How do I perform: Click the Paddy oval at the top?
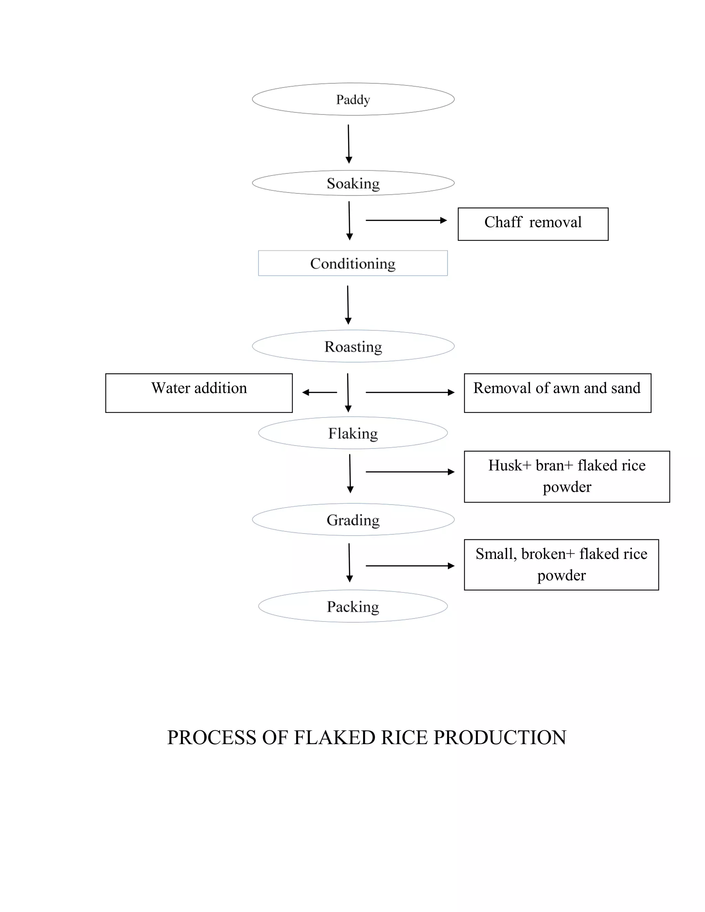(353, 99)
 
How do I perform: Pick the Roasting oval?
(353, 347)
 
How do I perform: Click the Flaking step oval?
(353, 433)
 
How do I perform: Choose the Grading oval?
(353, 520)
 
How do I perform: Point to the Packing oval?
(353, 606)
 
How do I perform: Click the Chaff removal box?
(533, 224)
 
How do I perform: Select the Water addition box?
(199, 393)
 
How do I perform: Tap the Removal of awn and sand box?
(557, 393)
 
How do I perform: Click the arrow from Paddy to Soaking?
(349, 144)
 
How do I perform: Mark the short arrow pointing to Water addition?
(319, 393)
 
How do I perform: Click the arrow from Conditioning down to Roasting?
(348, 305)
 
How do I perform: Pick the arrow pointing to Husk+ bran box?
(410, 472)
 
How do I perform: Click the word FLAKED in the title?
(335, 738)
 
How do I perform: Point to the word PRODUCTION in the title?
(500, 738)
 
